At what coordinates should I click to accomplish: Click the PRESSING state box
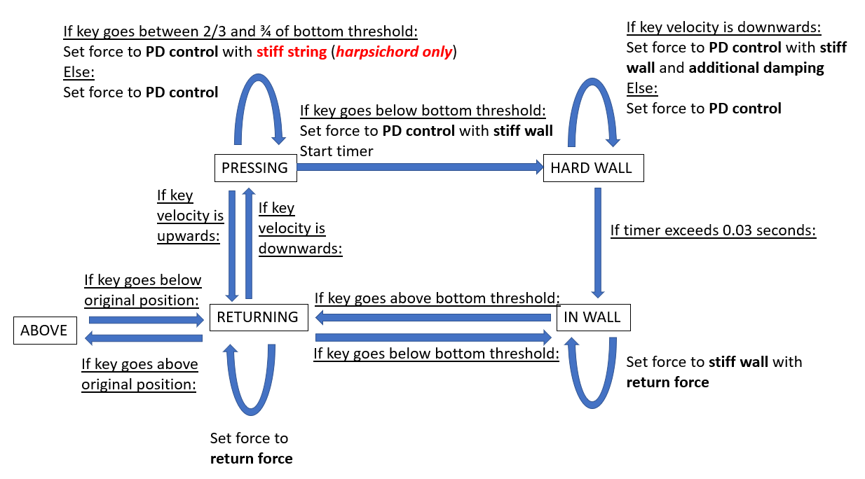pos(254,168)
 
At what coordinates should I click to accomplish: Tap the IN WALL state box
pos(592,317)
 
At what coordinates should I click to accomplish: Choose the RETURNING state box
pos(257,317)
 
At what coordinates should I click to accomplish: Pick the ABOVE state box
pos(44,331)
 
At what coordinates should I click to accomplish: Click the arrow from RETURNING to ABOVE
pos(143,338)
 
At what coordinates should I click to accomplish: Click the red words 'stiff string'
pos(291,52)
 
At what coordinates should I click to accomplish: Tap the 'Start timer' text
pos(336,151)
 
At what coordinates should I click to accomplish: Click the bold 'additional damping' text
pos(756,68)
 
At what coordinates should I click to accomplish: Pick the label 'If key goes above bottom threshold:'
pos(437,298)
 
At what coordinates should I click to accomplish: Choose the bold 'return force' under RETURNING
pos(251,459)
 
